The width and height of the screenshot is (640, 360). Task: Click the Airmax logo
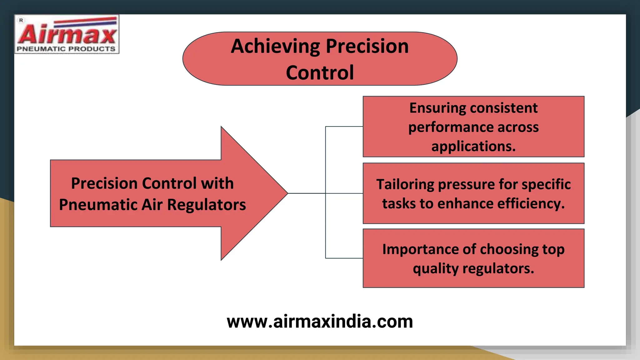(x=67, y=34)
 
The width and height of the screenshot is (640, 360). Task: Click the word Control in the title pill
(x=320, y=73)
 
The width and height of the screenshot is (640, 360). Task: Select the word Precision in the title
(x=367, y=46)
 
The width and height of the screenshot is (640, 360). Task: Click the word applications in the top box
(x=473, y=146)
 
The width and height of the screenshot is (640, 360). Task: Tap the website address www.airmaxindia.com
(x=320, y=322)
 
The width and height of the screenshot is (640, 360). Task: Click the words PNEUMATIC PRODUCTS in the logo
(x=66, y=49)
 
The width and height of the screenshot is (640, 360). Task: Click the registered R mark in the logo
(x=21, y=20)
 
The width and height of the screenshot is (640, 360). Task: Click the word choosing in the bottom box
(x=509, y=249)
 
